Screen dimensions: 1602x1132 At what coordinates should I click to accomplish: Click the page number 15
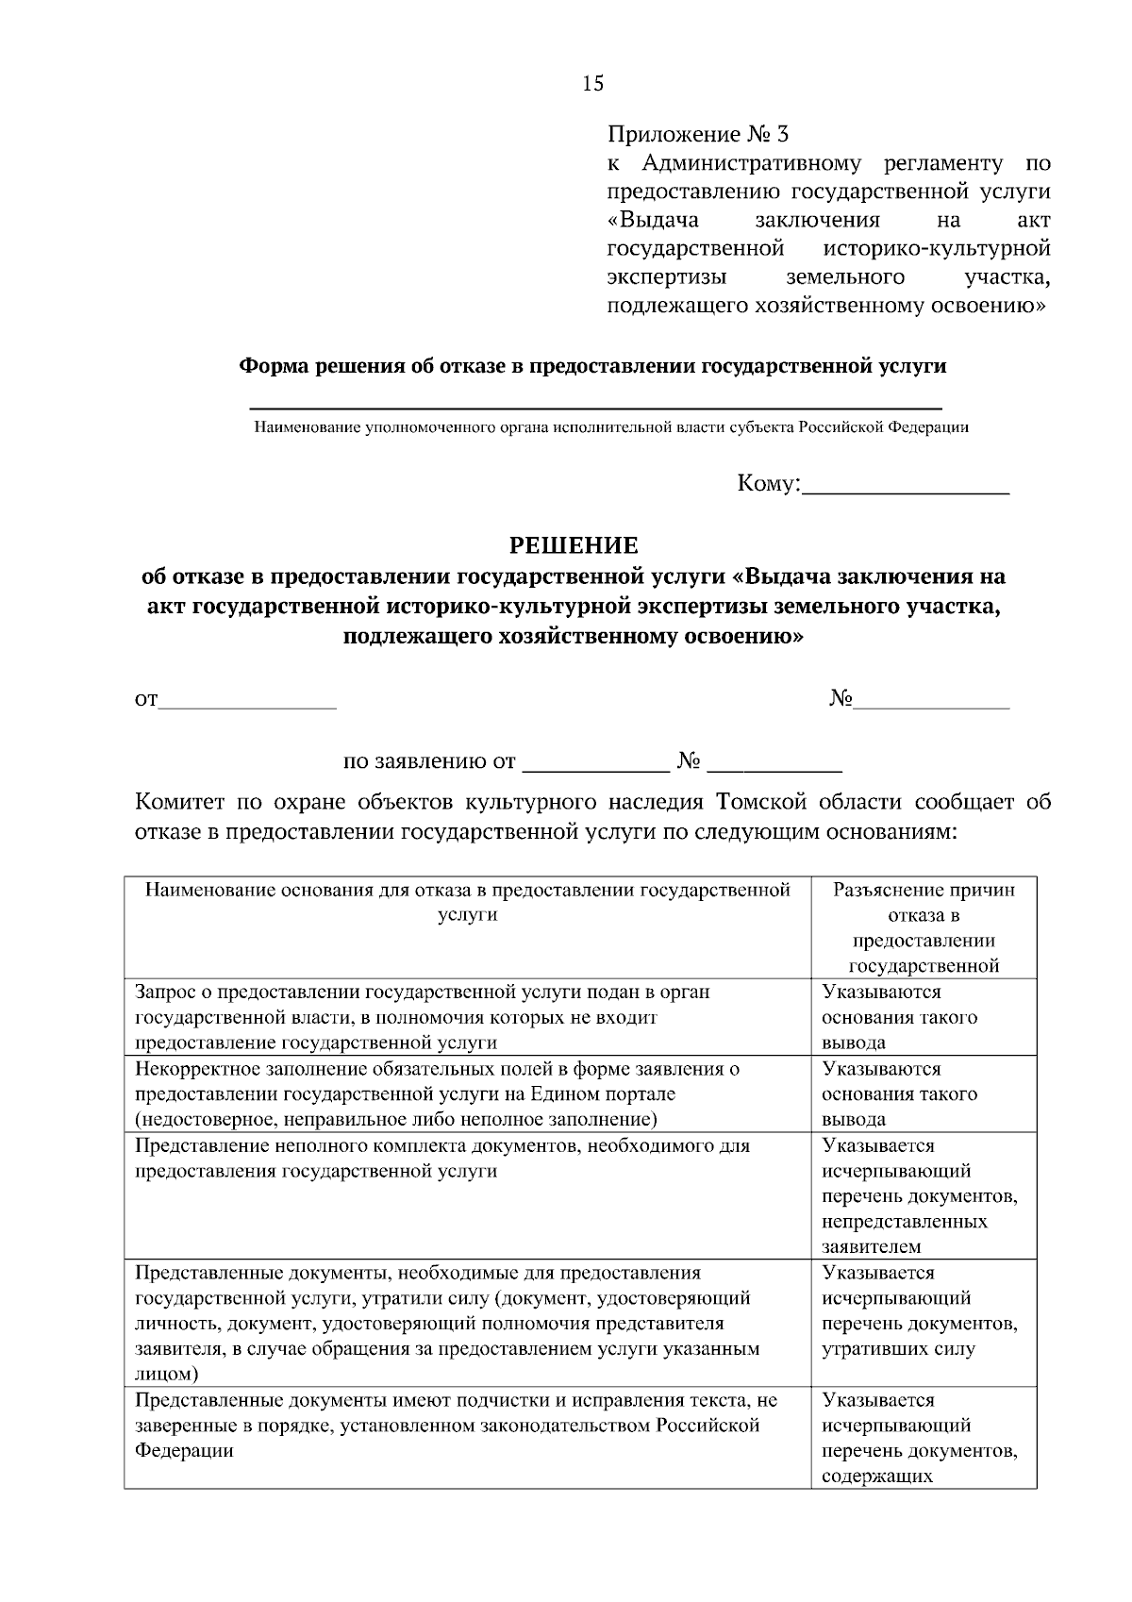pos(592,84)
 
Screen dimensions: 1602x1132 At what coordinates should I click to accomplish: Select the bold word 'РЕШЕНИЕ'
pos(574,545)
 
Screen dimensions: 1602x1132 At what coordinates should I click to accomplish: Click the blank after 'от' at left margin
pos(247,701)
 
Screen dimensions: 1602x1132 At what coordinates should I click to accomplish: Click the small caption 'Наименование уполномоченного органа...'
pos(610,427)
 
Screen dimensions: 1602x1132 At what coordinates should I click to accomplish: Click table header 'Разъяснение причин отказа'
pos(924,891)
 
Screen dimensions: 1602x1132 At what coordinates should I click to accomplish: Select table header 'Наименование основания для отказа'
pos(467,891)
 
